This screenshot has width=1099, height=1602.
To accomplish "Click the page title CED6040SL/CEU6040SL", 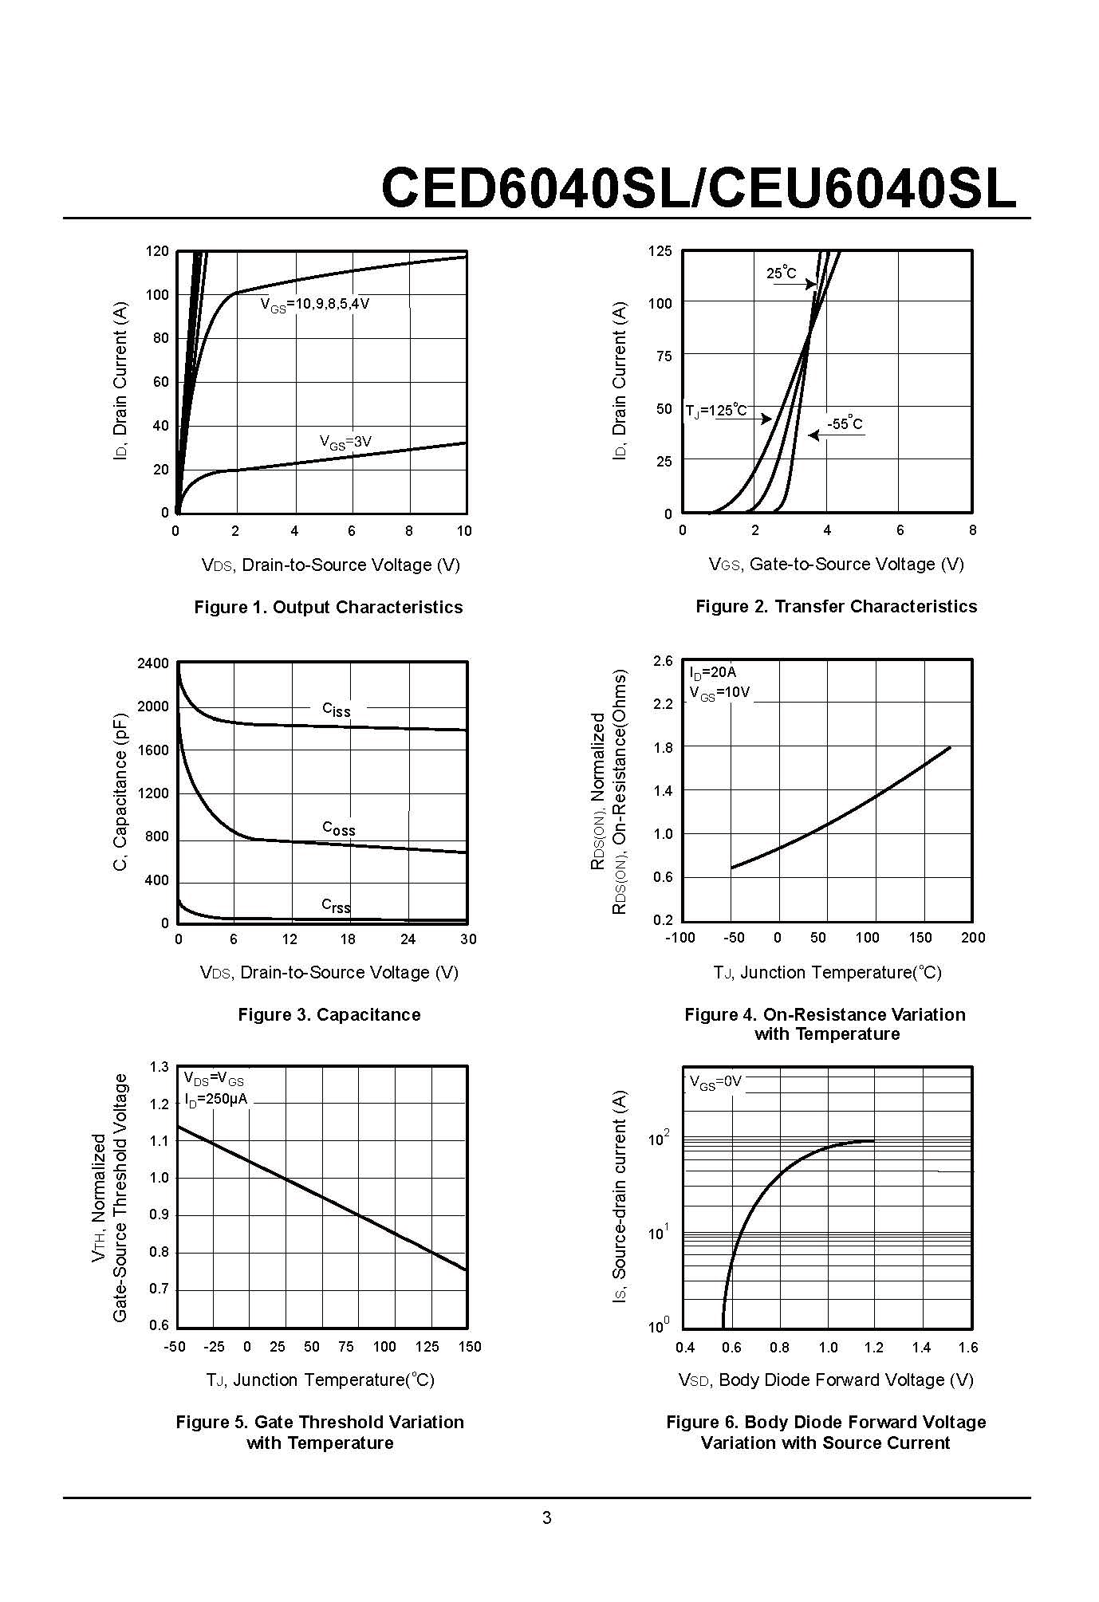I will click(x=699, y=189).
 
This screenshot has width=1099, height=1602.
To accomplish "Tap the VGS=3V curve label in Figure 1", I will click(x=345, y=442).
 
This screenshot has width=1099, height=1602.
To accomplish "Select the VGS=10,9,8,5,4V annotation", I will click(x=315, y=305).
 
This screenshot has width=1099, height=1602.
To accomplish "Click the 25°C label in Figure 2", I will click(x=781, y=274).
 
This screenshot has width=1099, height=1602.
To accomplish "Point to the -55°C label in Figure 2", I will click(x=845, y=424).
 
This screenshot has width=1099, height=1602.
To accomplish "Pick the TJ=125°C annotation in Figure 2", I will click(x=716, y=411).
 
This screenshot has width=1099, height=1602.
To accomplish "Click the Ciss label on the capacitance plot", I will click(x=336, y=710).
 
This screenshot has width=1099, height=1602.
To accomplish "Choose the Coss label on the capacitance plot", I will click(x=338, y=829).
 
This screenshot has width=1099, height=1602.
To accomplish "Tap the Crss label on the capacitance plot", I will click(x=336, y=905).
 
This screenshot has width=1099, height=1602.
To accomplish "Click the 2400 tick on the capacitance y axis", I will click(x=153, y=663).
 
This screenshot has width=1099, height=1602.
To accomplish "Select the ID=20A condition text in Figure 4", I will click(x=713, y=672).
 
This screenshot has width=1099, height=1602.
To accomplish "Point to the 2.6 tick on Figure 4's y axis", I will click(x=663, y=661).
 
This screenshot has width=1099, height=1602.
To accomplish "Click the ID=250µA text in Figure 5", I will click(x=216, y=1099).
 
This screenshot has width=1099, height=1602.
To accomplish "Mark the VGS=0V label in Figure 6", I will click(x=715, y=1082).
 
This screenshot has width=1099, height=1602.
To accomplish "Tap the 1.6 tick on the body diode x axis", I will click(x=968, y=1348).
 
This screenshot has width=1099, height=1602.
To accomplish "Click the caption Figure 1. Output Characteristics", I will click(x=328, y=608).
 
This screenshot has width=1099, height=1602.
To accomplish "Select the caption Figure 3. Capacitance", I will click(x=329, y=1015).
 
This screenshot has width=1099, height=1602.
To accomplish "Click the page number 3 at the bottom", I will click(x=547, y=1518).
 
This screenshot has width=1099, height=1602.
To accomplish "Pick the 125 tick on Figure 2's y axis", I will click(x=660, y=252).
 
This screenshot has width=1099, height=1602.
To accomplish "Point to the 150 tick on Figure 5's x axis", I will click(x=470, y=1347).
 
